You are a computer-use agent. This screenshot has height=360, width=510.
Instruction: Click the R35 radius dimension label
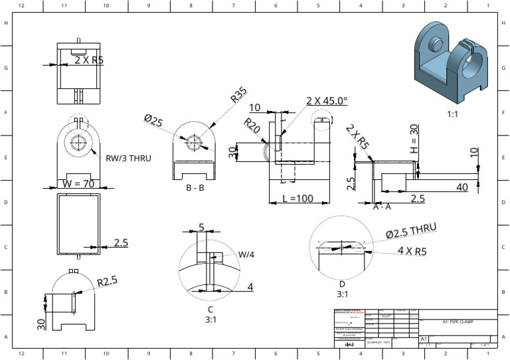tap(238, 95)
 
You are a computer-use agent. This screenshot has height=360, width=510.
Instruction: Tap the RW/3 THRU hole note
tap(129, 158)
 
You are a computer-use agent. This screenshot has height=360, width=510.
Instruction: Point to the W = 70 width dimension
tap(78, 183)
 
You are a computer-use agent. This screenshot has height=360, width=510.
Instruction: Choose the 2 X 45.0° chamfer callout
tap(327, 100)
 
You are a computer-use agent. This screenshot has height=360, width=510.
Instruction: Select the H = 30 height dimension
tap(414, 137)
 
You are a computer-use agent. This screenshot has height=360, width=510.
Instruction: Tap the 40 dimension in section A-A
tap(462, 187)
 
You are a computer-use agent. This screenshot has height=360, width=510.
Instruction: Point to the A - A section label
tap(382, 207)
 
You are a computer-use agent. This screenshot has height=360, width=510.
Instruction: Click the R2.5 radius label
tap(107, 282)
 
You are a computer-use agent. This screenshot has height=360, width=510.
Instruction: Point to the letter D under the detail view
tap(342, 284)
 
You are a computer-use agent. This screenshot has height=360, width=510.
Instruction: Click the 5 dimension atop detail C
tap(202, 228)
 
